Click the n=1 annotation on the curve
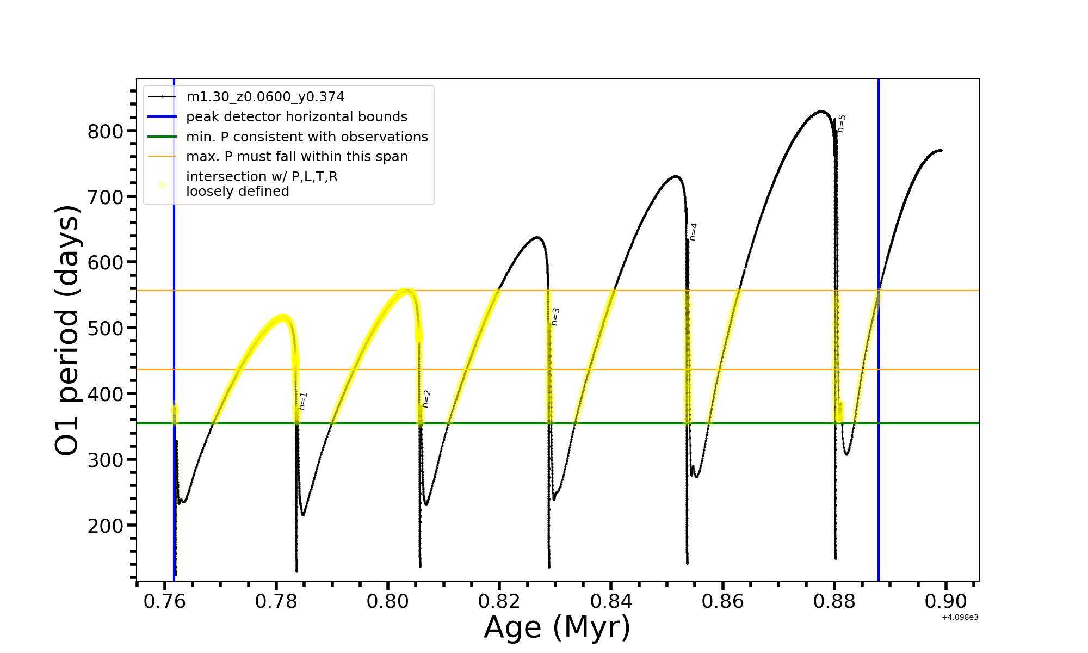(304, 401)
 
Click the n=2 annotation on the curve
(426, 398)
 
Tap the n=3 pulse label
(555, 317)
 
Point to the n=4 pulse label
(694, 232)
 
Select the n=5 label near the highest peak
(842, 124)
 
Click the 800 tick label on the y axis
(106, 132)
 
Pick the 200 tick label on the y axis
(106, 526)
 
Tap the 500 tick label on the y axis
(106, 329)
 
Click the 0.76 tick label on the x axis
(164, 602)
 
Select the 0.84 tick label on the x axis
(611, 602)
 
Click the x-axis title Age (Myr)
(557, 627)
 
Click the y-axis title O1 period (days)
(67, 330)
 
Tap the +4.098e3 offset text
(960, 618)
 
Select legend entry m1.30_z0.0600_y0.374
(265, 97)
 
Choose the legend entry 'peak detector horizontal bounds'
(296, 117)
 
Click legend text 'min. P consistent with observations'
(307, 137)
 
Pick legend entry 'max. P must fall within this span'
(296, 157)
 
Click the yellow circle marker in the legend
(162, 185)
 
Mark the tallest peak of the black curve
(821, 112)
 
